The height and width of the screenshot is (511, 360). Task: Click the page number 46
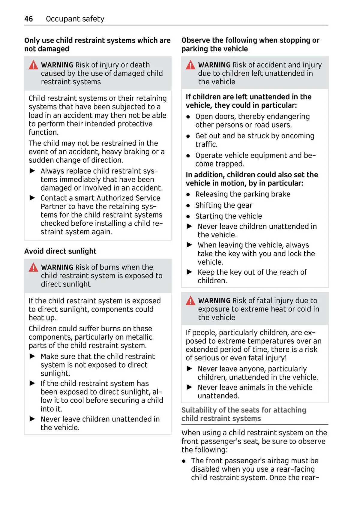[28, 19]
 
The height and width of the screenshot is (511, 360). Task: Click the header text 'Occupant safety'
[75, 19]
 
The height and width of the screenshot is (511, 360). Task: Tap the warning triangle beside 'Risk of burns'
[33, 267]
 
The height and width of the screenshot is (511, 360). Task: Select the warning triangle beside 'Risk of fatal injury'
[190, 301]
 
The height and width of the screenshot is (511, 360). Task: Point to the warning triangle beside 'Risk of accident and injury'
[190, 65]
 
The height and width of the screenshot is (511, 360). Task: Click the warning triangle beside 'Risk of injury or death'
[33, 65]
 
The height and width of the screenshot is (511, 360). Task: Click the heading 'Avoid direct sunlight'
[60, 251]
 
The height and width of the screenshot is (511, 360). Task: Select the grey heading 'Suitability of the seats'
[244, 414]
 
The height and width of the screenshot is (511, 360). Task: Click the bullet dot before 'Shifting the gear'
[188, 206]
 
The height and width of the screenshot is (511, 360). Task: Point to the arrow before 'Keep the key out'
[189, 272]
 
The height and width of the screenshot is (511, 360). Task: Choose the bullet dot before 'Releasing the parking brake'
[188, 194]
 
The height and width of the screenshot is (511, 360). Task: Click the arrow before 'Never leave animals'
[189, 387]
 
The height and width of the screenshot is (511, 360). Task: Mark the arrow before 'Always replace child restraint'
[32, 171]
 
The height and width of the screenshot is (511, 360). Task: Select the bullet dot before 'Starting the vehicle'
[188, 216]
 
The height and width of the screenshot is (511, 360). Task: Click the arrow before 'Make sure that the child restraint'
[32, 356]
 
